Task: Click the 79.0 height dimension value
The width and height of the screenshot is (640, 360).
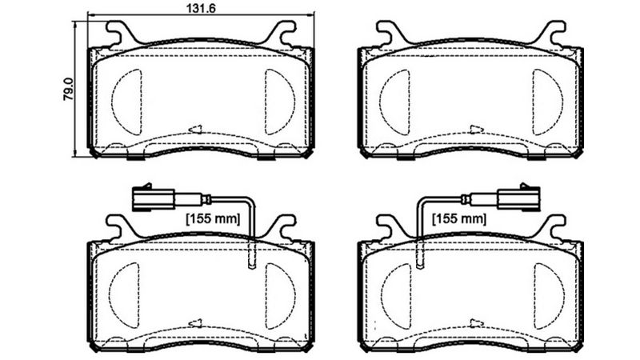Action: [x=70, y=89]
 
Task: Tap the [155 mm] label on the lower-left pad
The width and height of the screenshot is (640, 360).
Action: [x=212, y=218]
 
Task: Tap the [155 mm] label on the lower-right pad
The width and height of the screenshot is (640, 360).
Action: [x=458, y=218]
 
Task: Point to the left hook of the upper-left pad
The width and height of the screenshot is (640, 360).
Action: [x=118, y=33]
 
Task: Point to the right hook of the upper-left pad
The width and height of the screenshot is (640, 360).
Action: [x=282, y=33]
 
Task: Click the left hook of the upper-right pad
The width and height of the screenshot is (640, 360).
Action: [x=388, y=33]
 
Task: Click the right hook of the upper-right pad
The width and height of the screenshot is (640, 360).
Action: [x=552, y=33]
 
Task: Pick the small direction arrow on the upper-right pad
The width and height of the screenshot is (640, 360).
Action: [x=477, y=128]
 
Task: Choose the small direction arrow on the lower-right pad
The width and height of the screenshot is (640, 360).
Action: [x=477, y=322]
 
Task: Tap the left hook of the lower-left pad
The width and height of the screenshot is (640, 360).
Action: [x=118, y=227]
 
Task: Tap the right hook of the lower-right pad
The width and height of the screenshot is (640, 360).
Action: [x=552, y=227]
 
